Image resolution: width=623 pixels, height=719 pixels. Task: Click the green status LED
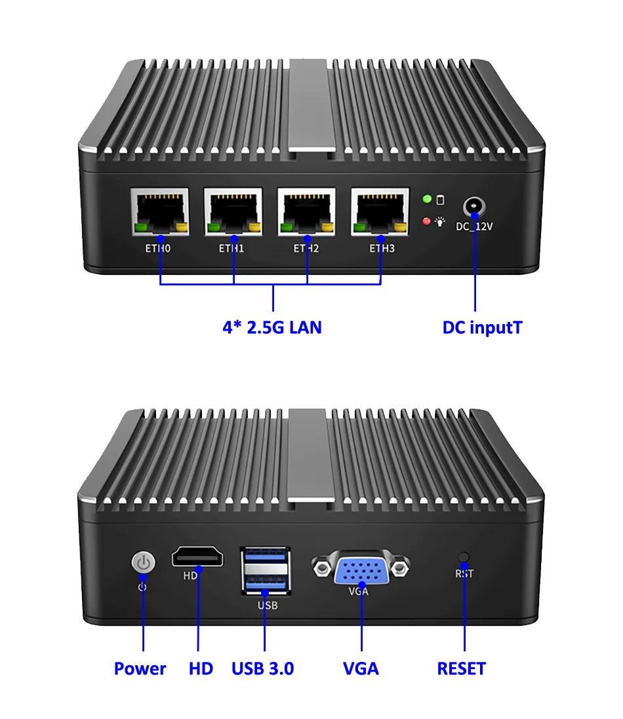pyautogui.click(x=426, y=199)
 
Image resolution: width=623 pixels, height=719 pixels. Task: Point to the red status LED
pyautogui.click(x=426, y=222)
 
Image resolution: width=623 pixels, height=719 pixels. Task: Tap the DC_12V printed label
pyautogui.click(x=473, y=227)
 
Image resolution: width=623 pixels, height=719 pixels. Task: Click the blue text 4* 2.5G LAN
pyautogui.click(x=272, y=327)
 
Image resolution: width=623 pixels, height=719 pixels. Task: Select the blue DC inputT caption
pyautogui.click(x=482, y=327)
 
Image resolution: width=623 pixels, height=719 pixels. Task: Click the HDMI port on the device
pyautogui.click(x=197, y=558)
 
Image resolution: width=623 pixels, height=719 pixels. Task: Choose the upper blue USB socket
pyautogui.click(x=265, y=557)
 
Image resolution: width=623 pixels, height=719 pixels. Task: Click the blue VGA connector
pyautogui.click(x=361, y=568)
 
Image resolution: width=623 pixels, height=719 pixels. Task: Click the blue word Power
pyautogui.click(x=140, y=668)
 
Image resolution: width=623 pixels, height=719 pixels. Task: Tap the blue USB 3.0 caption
pyautogui.click(x=262, y=668)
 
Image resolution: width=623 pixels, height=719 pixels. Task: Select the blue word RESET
pyautogui.click(x=462, y=668)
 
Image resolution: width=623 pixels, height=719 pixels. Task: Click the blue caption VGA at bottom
pyautogui.click(x=361, y=668)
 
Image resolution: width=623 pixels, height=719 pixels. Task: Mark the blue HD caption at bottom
pyautogui.click(x=201, y=668)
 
